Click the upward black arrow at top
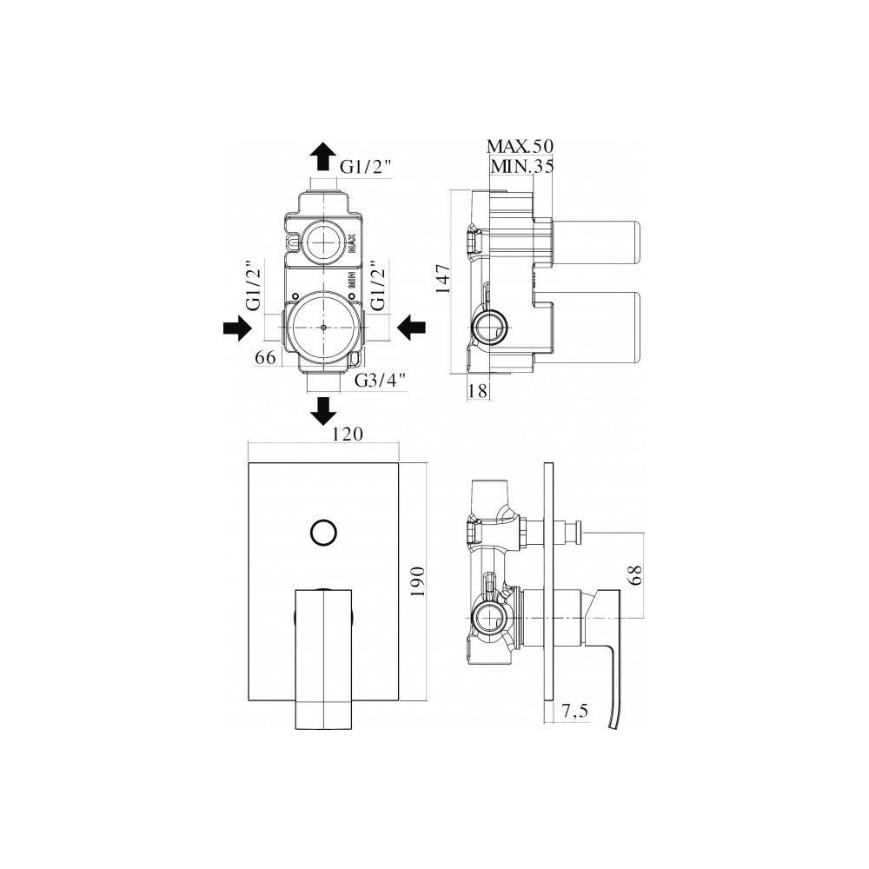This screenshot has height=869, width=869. pos(323,156)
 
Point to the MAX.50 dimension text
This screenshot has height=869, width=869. pos(520,145)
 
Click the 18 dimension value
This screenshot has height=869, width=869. pos(477,392)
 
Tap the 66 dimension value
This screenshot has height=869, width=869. pos(265,357)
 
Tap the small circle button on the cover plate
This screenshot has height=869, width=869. pos(323,531)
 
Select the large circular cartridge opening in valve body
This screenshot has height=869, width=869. pos(323,328)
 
